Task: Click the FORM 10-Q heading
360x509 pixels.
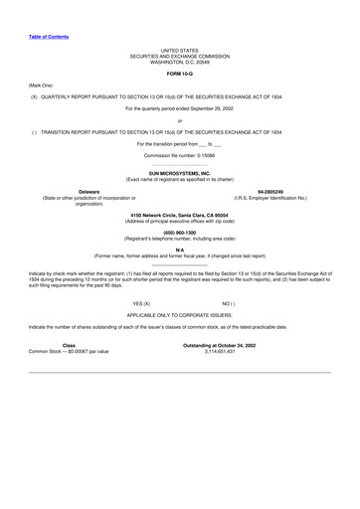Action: coord(180,74)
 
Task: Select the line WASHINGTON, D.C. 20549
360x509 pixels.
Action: coord(180,62)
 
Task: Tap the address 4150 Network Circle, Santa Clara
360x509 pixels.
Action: coord(180,215)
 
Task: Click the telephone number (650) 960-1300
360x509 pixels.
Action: coord(180,232)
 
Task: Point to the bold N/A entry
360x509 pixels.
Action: coord(180,249)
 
